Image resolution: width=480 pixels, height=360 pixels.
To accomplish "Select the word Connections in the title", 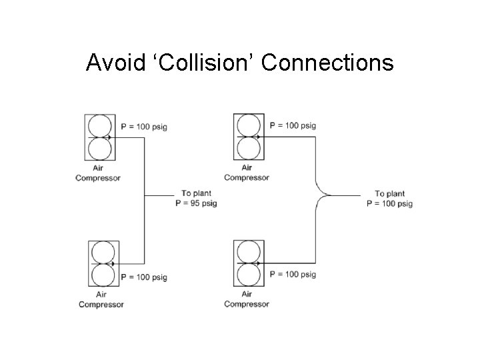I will (x=327, y=63).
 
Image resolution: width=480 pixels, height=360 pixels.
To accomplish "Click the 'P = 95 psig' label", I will (x=196, y=203).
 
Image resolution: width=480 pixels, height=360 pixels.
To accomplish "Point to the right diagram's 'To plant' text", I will (x=389, y=194).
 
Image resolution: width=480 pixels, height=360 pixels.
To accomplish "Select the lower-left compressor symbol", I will (x=103, y=264).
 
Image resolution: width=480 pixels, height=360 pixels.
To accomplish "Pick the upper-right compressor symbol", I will (x=249, y=137).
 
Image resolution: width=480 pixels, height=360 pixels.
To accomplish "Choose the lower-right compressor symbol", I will (x=249, y=264).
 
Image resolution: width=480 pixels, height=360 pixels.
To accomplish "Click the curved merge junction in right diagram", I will (x=323, y=195).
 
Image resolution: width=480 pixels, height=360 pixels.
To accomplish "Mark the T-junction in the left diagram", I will (x=145, y=195).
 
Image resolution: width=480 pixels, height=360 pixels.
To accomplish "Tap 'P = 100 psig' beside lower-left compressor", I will (x=144, y=277).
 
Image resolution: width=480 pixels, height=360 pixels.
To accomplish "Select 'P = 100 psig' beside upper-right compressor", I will (x=293, y=125).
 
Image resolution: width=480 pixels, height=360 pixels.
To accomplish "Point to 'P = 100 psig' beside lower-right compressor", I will (x=293, y=274).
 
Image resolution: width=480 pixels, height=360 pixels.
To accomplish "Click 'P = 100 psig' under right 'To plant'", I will (x=389, y=203).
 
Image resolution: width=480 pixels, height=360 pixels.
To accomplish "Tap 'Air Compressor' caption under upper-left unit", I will (x=98, y=173).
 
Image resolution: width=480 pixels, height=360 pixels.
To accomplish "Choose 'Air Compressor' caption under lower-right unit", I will (x=247, y=299).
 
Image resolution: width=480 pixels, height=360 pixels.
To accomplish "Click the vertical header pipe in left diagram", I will (x=145, y=167).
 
